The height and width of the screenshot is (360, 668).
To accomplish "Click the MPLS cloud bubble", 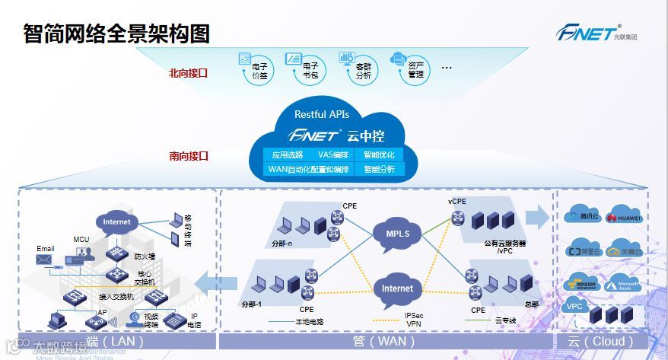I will pos(397,233).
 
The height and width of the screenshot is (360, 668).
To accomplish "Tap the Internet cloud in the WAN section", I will pos(397,288).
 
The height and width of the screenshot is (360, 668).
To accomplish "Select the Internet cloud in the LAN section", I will pos(116,222).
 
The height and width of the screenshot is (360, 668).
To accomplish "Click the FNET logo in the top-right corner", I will pos(587,33).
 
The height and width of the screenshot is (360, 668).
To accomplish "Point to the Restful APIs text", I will pos(322,114).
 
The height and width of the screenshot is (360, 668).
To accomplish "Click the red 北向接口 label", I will pos(188,73).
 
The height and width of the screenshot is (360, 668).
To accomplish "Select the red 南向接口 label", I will pos(188,156).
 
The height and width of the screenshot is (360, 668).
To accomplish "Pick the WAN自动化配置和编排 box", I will pos(309,169).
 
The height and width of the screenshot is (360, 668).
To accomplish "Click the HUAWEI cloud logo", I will pos(624,217).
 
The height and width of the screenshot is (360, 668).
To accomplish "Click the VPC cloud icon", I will pos(575,307).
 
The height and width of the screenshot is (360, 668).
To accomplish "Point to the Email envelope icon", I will pos(46,260).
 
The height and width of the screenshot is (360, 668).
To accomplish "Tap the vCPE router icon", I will pos(456,218).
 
